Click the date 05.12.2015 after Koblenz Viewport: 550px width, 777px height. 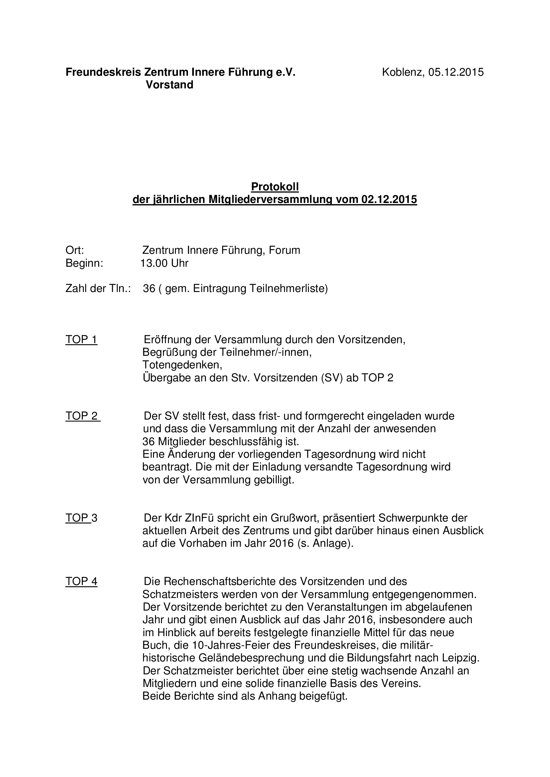click(456, 72)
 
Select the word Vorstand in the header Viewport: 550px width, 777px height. click(169, 85)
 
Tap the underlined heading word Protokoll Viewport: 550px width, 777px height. click(275, 186)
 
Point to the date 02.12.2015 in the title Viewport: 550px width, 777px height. click(389, 200)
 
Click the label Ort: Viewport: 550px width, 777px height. click(74, 250)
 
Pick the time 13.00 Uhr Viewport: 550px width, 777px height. click(164, 263)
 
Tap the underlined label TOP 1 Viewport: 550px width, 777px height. click(81, 340)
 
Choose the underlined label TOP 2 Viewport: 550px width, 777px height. click(82, 416)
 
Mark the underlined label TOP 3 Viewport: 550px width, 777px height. click(81, 518)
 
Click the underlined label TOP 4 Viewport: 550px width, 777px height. click(81, 581)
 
